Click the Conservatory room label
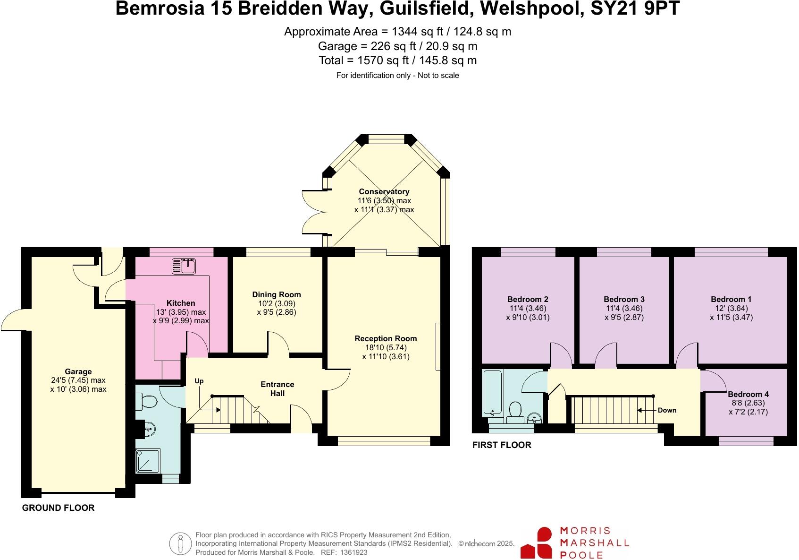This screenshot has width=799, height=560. click(x=384, y=191)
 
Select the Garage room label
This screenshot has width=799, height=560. click(x=78, y=371)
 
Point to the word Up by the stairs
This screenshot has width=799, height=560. click(x=199, y=381)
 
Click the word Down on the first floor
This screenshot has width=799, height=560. click(x=667, y=410)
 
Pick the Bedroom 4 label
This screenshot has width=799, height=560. click(x=748, y=394)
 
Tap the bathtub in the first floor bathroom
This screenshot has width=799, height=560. click(x=493, y=393)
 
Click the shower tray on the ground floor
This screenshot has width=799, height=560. click(x=148, y=461)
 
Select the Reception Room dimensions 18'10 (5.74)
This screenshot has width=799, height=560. click(x=386, y=347)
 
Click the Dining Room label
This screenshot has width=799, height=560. click(x=277, y=294)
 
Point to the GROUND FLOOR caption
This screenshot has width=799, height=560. click(x=59, y=508)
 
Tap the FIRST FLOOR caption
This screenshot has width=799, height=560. click(x=502, y=445)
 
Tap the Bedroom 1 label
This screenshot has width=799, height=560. click(x=731, y=299)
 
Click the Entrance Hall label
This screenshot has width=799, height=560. click(x=278, y=388)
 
